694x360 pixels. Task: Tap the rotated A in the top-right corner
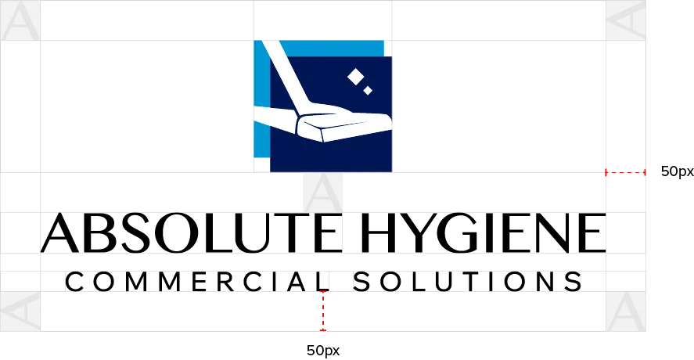(x=626, y=21)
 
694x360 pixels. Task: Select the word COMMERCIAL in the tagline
(x=199, y=282)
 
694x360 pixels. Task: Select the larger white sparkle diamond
(x=355, y=76)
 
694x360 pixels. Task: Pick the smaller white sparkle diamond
(x=368, y=91)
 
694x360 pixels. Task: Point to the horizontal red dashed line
(x=624, y=172)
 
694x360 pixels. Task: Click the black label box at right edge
(x=675, y=172)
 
